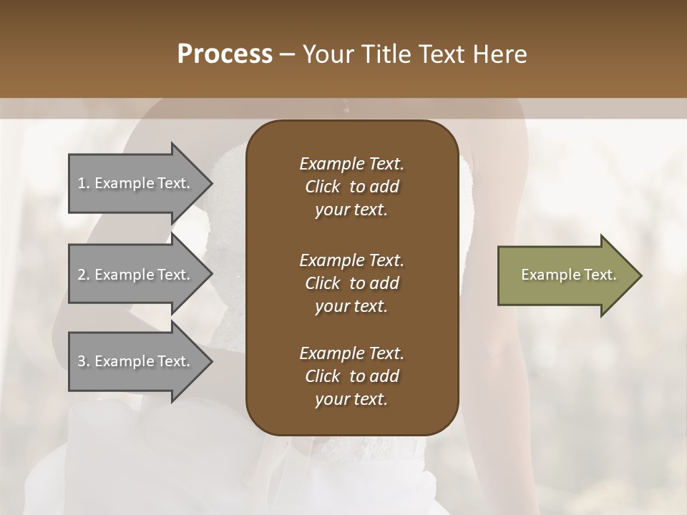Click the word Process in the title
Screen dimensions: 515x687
click(x=225, y=54)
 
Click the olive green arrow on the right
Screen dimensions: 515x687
click(x=565, y=275)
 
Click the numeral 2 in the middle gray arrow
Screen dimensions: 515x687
click(x=82, y=275)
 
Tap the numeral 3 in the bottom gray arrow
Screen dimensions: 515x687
click(x=82, y=361)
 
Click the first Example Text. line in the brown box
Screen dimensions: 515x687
click(x=351, y=164)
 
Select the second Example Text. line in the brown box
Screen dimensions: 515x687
click(x=351, y=260)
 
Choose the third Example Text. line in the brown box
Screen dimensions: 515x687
click(x=351, y=353)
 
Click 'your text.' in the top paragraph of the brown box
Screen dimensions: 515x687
click(x=351, y=210)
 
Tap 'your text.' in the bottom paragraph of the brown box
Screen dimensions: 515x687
click(x=351, y=400)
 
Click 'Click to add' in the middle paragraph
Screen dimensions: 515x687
click(x=351, y=283)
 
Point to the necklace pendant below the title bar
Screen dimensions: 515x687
click(x=346, y=109)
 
